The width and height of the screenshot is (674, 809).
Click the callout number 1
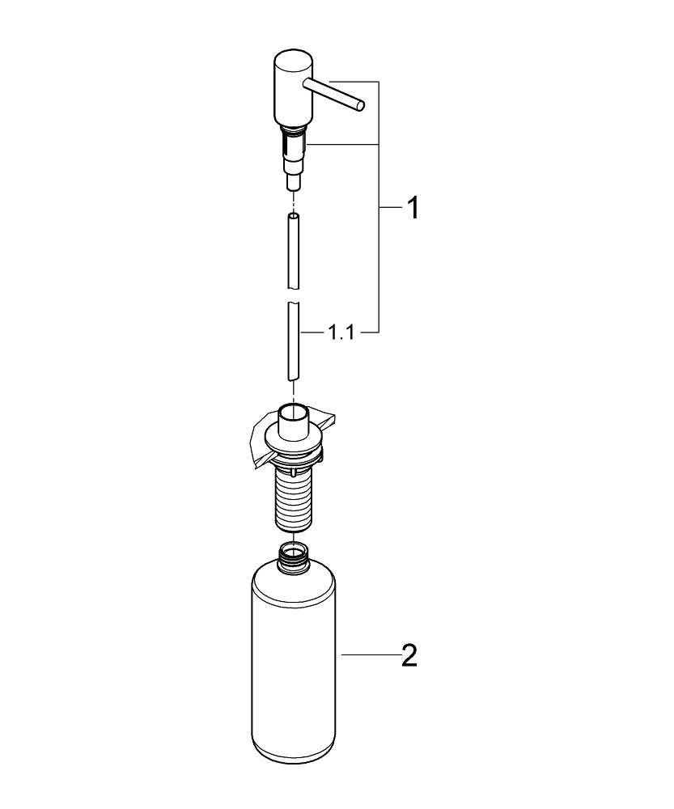pos(412,209)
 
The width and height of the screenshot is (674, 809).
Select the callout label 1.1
pos(341,332)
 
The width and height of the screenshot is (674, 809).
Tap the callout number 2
pos(409,654)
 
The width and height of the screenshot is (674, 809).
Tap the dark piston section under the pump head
pos(292,146)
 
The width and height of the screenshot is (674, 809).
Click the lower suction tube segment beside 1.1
pos(293,340)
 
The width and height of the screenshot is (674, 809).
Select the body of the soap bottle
pos(293,663)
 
